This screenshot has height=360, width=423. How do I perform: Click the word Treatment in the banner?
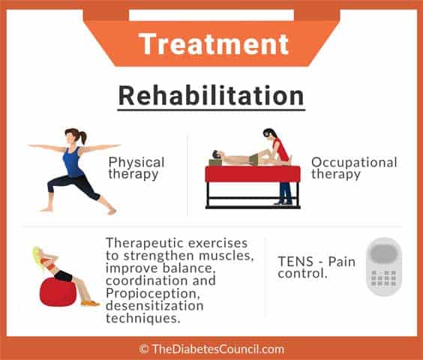click(214, 44)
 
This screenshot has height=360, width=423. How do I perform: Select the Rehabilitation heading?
click(211, 96)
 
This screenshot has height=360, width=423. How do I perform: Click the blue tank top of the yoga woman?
click(72, 162)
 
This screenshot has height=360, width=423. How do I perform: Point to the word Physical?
click(136, 163)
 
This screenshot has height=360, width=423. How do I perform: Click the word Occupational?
click(354, 163)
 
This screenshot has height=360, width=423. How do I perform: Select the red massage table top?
click(253, 174)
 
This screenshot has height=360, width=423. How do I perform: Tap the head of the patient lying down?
click(217, 154)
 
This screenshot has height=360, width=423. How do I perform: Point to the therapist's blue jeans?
click(286, 192)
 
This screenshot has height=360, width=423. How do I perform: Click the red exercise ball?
click(58, 292)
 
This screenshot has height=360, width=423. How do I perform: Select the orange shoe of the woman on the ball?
click(90, 303)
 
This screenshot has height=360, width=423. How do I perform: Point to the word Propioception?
click(153, 294)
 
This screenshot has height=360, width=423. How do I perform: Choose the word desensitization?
click(154, 306)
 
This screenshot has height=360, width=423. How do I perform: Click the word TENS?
click(295, 262)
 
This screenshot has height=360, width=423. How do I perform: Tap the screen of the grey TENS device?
click(383, 253)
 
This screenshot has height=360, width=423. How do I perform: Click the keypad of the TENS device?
click(383, 278)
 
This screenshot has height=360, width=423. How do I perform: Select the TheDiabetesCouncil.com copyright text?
click(211, 349)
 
